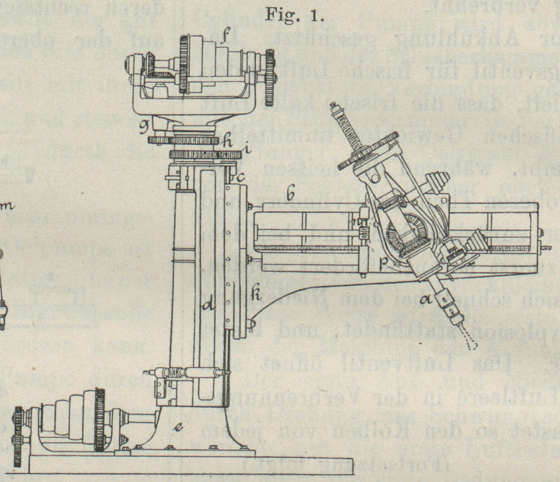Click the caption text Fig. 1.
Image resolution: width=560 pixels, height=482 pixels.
tap(294, 15)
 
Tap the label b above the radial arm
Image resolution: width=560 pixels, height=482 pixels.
tap(290, 195)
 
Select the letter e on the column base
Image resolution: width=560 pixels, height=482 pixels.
tap(179, 427)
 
